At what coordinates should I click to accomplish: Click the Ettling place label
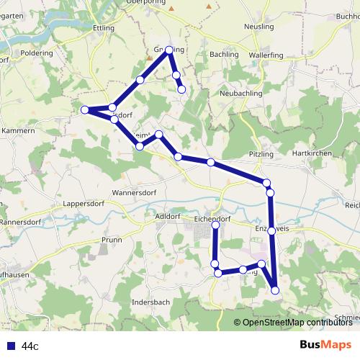coord(104,28)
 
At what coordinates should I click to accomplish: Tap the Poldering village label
coord(38,53)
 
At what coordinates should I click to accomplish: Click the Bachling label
coord(223,54)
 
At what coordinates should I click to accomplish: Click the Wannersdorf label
coord(134,193)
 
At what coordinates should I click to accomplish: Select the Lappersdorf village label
coord(85,204)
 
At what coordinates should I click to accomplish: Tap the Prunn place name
coord(112,239)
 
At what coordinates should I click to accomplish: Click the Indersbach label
coord(152,302)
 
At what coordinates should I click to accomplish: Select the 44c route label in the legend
coord(30,346)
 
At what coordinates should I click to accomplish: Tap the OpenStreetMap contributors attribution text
coord(297,322)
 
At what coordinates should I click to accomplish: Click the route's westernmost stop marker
coord(85,109)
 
